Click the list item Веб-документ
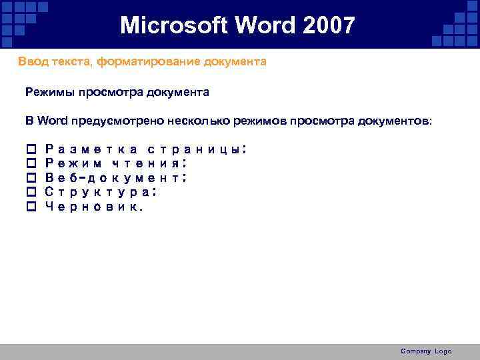(x=115, y=177)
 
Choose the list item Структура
(x=101, y=192)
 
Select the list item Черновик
(x=93, y=207)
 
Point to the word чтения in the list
(x=149, y=163)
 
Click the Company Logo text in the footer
(x=426, y=351)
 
